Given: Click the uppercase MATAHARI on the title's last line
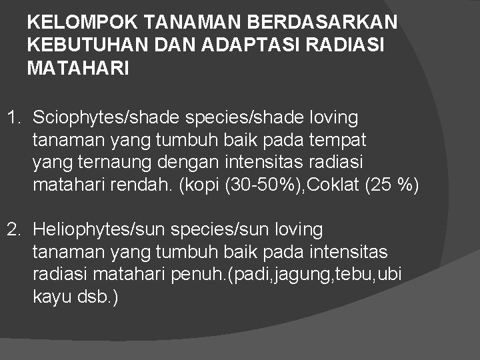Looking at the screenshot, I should pyautogui.click(x=77, y=68).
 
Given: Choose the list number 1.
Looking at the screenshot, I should pyautogui.click(x=13, y=119).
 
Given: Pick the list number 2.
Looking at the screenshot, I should pyautogui.click(x=13, y=231).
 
